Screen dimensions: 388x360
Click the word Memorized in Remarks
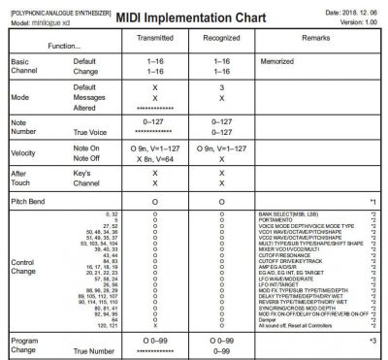277,61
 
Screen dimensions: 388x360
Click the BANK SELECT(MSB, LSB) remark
294,212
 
